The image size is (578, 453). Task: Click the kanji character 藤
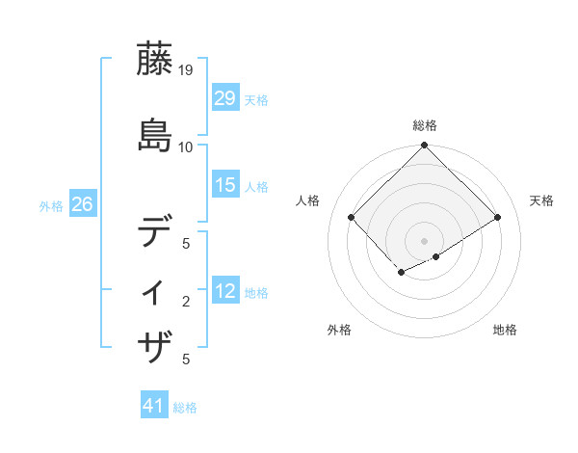click(157, 61)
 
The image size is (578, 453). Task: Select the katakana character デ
click(157, 232)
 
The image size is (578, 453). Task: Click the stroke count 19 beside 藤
click(186, 70)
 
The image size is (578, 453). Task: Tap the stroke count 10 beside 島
click(186, 147)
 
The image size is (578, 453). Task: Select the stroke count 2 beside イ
click(186, 302)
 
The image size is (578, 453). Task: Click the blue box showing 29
click(224, 98)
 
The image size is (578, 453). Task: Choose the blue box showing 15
click(224, 185)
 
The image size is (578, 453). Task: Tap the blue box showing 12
click(224, 291)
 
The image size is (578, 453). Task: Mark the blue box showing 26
click(82, 204)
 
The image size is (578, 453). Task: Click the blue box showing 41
click(154, 407)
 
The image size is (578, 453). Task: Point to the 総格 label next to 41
click(185, 408)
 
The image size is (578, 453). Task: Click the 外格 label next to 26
click(51, 205)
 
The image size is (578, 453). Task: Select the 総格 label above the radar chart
click(425, 125)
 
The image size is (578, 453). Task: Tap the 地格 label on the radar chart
click(505, 331)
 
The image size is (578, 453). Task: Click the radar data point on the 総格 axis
click(424, 147)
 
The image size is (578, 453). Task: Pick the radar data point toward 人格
click(352, 217)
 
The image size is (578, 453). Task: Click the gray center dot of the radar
click(424, 240)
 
